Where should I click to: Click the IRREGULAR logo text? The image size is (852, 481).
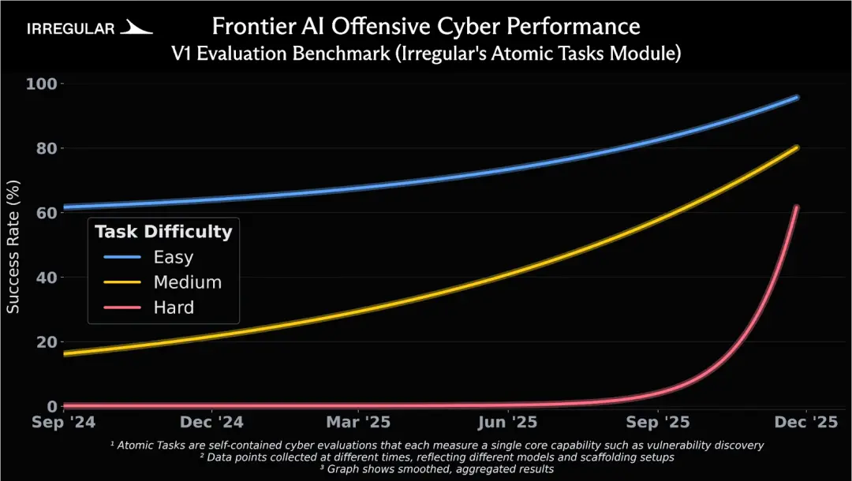tap(70, 29)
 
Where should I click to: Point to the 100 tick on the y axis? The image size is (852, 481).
tap(39, 84)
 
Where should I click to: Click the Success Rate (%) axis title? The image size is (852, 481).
tap(14, 245)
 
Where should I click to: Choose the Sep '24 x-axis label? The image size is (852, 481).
tap(63, 422)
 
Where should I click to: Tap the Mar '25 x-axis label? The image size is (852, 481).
tap(357, 422)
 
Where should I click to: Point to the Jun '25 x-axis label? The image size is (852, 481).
tap(508, 422)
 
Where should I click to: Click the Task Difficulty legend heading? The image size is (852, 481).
tap(163, 232)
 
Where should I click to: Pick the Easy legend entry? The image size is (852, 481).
tap(173, 257)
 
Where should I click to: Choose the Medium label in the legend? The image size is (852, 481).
tap(187, 282)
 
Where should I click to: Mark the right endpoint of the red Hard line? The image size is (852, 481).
tap(797, 207)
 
